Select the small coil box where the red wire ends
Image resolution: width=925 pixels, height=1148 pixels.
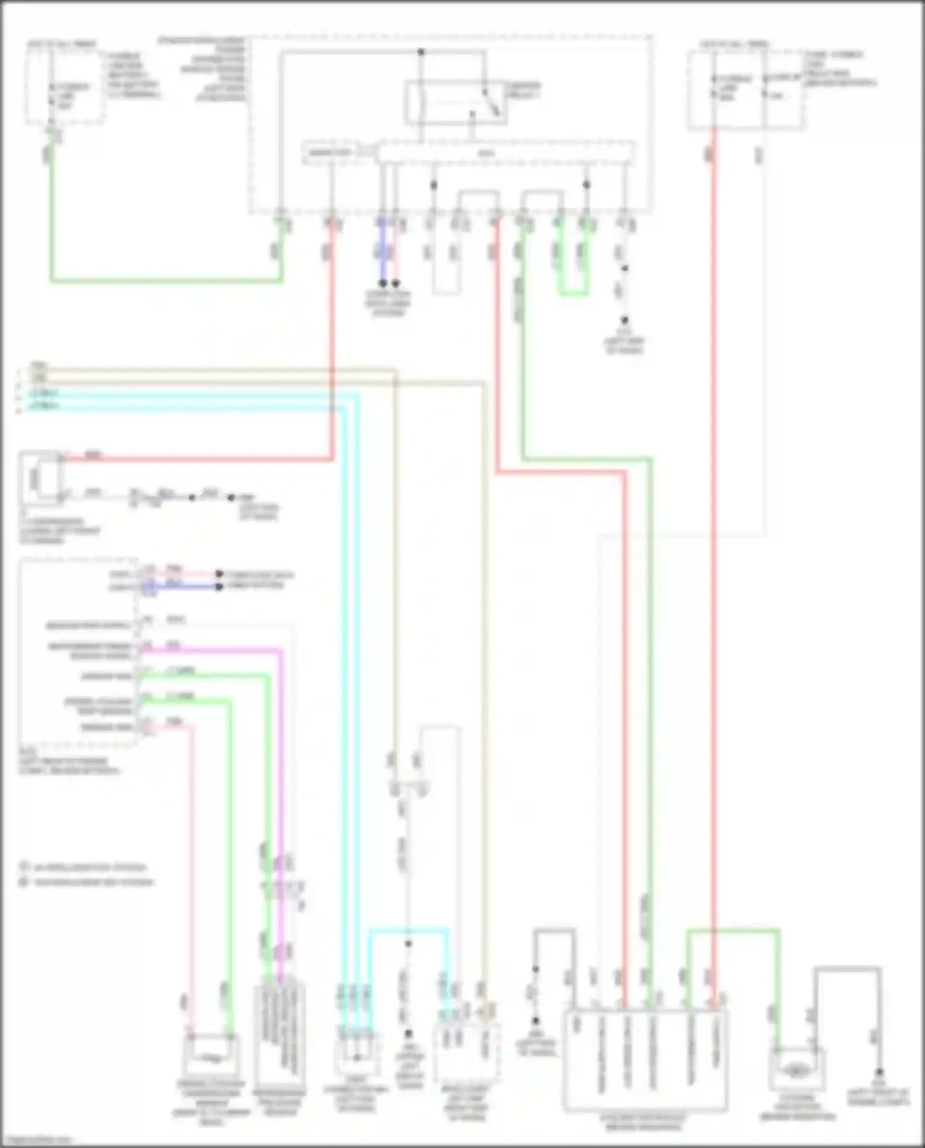pos(39,476)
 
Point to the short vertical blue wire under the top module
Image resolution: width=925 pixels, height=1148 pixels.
pos(382,253)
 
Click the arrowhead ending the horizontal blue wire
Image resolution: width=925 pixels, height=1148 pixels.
pos(219,587)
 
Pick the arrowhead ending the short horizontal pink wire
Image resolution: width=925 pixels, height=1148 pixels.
pos(219,574)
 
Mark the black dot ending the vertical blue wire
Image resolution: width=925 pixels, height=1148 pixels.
pos(382,284)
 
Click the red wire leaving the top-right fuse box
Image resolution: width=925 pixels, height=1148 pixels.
pos(713,555)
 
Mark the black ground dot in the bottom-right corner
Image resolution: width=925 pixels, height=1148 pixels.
pos(879,1072)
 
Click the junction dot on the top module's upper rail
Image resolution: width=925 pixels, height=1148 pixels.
pos(421,52)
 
